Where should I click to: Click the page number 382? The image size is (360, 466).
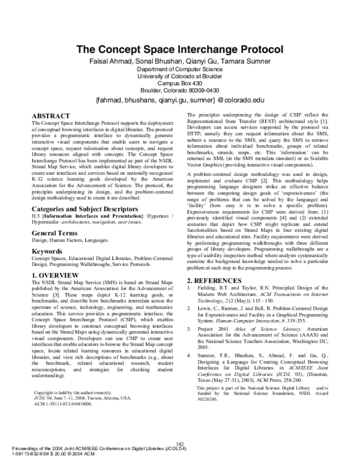tap(180, 444)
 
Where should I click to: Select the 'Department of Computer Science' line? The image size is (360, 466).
tap(179, 69)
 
